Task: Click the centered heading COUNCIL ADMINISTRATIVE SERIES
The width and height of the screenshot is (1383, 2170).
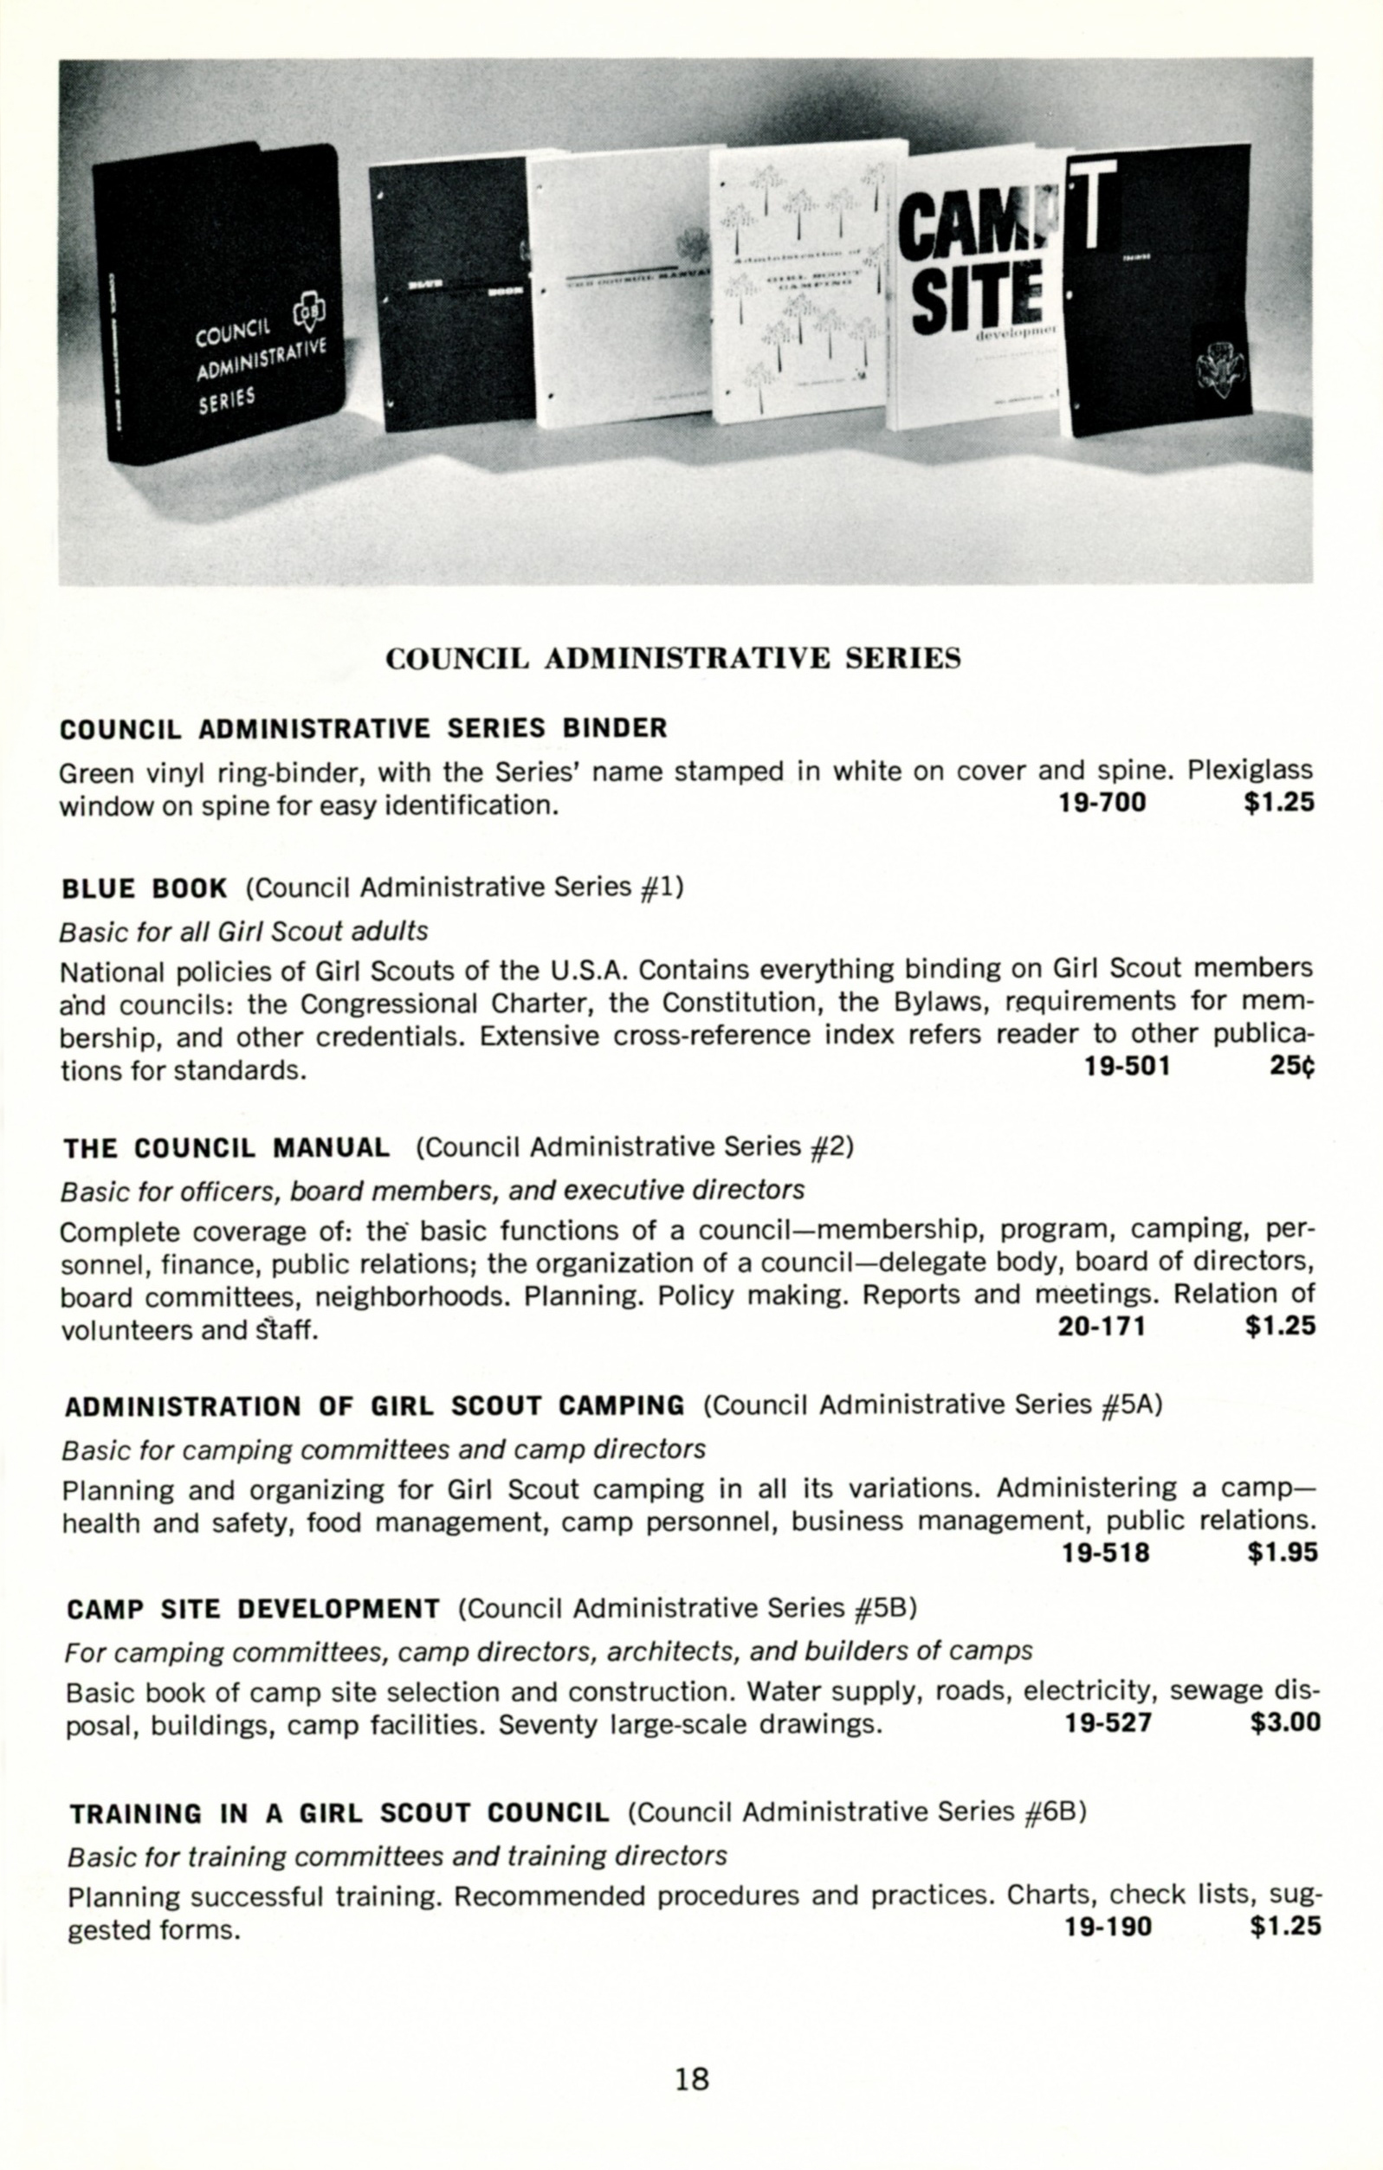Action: pos(672,659)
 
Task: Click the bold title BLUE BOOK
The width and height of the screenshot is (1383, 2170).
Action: pos(144,888)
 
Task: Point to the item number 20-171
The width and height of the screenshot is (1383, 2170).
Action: pos(1101,1327)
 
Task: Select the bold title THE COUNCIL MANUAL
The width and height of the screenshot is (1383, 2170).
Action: pos(226,1148)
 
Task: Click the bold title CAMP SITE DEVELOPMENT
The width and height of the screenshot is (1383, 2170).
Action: pos(253,1610)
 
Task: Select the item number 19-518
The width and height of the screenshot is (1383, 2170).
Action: pos(1106,1553)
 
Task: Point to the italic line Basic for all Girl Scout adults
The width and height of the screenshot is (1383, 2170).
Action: pos(243,931)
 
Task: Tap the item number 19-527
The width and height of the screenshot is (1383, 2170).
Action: pos(1108,1723)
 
